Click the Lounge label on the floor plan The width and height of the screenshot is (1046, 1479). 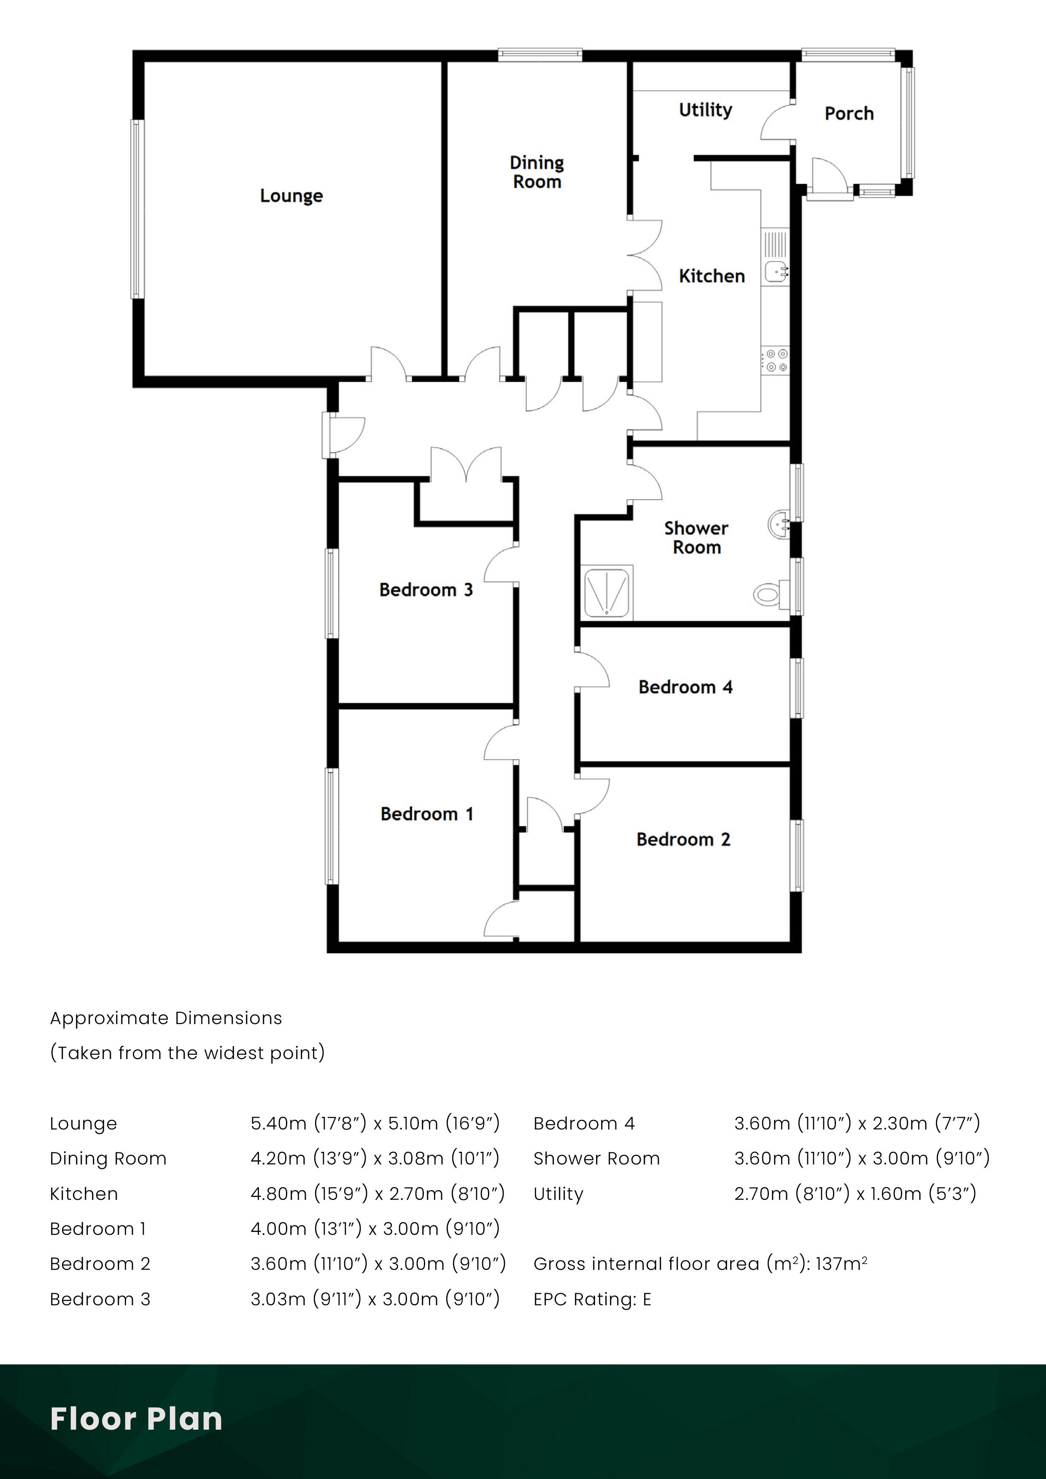(291, 196)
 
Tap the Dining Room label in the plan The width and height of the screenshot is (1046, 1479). (537, 172)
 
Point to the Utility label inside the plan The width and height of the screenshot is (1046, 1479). (705, 110)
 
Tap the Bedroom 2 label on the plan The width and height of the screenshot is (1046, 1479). (683, 839)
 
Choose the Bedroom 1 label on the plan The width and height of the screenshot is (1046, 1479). (427, 814)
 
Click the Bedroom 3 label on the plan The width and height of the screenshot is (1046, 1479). (426, 590)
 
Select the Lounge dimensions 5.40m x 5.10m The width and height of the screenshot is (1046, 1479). (375, 1124)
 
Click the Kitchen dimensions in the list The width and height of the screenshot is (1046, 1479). (377, 1194)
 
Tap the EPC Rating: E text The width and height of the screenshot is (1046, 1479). (592, 1299)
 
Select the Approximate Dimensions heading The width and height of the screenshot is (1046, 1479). (166, 1019)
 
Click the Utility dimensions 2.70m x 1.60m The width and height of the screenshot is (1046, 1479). (855, 1194)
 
